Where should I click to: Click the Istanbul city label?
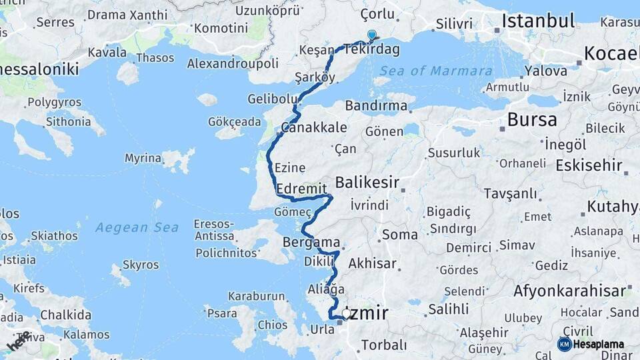[x=537, y=20]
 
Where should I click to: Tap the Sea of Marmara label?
[x=436, y=71]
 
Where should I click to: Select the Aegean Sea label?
[x=137, y=228]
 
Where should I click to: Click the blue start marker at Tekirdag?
[x=371, y=35]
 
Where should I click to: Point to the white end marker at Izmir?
[x=346, y=313]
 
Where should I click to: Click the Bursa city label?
[x=531, y=119]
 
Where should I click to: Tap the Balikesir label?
[x=367, y=182]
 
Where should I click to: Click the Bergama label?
[x=311, y=242]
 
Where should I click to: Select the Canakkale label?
[x=305, y=127]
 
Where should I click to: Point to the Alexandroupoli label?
[x=232, y=63]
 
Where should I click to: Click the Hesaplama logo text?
[x=599, y=344]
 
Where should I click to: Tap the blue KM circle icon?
[x=564, y=344]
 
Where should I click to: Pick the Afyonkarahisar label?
[x=570, y=291]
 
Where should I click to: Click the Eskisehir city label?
[x=589, y=165]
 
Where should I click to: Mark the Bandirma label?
[x=377, y=105]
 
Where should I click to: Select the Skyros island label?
[x=141, y=265]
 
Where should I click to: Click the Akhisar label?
[x=372, y=263]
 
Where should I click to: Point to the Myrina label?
[x=143, y=158]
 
